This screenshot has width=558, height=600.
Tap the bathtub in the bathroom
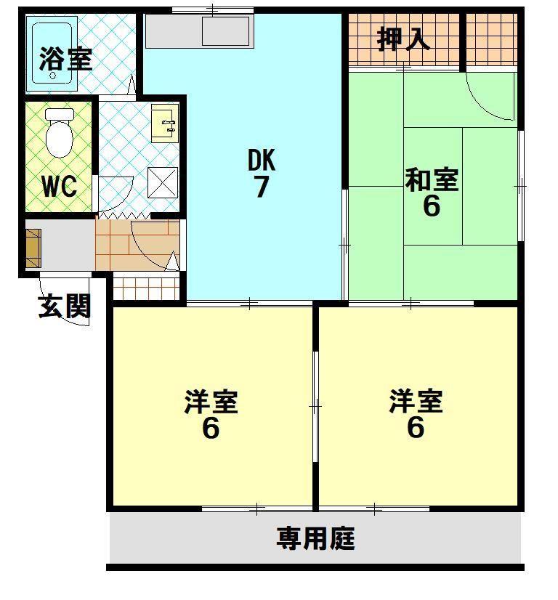click(52, 51)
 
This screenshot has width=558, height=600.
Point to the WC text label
click(60, 186)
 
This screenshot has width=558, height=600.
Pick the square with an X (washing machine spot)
click(162, 182)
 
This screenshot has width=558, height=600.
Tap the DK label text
click(262, 158)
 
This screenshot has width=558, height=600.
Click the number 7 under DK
click(262, 187)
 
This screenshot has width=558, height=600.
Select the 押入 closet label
click(404, 38)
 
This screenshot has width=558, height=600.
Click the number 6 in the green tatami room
click(432, 206)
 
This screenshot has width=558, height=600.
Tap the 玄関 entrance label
click(65, 307)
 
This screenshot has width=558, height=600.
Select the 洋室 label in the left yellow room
click(211, 401)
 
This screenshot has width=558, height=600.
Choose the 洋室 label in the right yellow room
click(416, 401)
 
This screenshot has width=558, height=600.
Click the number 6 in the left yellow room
click(211, 428)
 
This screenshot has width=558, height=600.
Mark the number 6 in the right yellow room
click(416, 428)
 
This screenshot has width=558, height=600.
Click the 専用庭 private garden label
click(315, 539)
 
